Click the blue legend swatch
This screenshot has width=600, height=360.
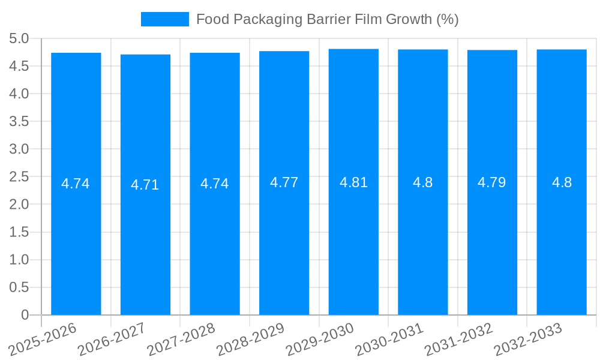click(164, 19)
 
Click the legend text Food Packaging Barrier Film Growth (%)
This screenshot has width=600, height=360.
click(327, 19)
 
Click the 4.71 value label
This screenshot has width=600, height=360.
click(145, 185)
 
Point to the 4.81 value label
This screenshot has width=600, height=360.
click(353, 182)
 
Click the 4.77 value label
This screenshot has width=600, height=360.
click(284, 182)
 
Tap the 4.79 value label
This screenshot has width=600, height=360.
click(492, 182)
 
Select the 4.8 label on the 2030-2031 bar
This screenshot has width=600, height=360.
click(423, 182)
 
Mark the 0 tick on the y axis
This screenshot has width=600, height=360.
click(25, 315)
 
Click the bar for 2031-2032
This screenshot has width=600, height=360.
click(492, 240)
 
